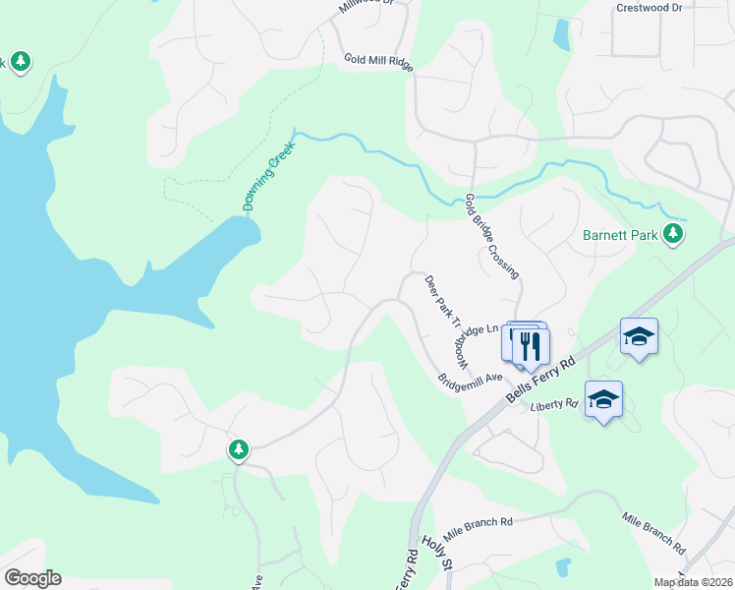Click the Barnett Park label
coord(618,235)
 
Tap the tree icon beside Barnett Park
coord(673,233)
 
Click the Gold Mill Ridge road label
coord(378,59)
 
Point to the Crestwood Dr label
coord(649,7)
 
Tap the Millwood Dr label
coord(366,5)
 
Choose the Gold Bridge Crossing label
coord(491,236)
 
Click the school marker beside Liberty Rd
coord(603,399)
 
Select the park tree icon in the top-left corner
coord(20,63)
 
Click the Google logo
coord(32,578)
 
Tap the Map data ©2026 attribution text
coord(693,582)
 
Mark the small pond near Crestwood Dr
coord(561,34)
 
